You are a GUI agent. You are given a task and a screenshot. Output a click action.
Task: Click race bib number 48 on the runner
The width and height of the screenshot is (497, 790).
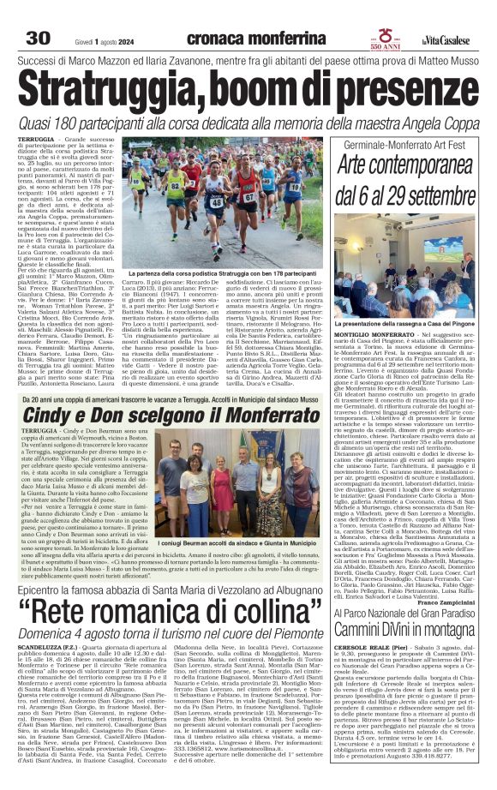[216, 202]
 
